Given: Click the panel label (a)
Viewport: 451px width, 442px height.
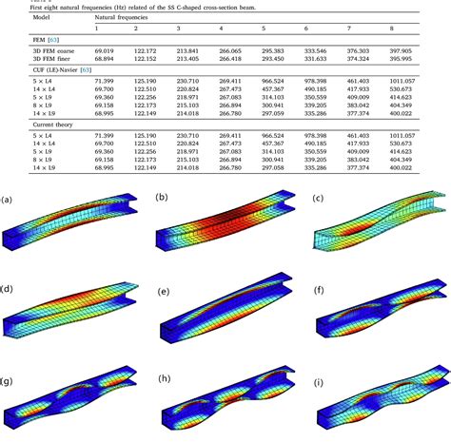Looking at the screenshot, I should coord(8,200).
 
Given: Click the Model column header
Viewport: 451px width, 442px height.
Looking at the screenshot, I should coord(17,17).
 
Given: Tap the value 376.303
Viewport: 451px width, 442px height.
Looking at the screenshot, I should coord(384,48).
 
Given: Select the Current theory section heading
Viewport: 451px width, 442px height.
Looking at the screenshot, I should coord(28,127).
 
